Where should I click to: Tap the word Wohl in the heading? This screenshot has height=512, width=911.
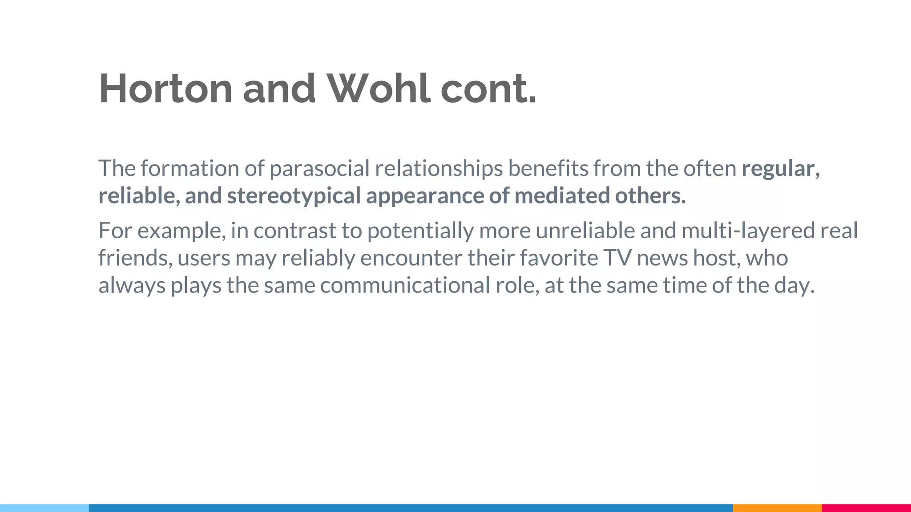(379, 88)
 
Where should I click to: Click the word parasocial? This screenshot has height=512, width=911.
(319, 168)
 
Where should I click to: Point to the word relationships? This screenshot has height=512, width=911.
(439, 168)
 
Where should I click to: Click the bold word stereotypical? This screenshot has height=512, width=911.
(294, 196)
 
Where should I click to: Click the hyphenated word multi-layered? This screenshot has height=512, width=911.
(748, 231)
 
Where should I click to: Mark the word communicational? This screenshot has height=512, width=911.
(405, 285)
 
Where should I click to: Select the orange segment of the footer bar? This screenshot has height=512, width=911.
(777, 508)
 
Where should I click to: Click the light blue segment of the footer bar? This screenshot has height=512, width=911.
(44, 508)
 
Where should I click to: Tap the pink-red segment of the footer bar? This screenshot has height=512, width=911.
(866, 508)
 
